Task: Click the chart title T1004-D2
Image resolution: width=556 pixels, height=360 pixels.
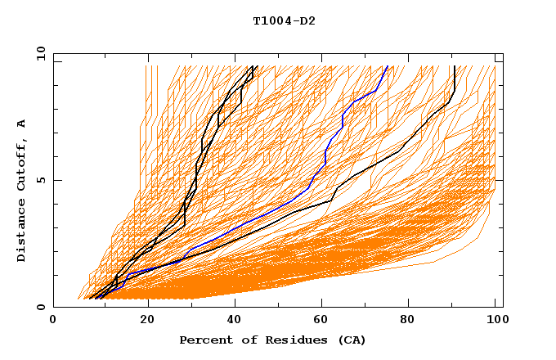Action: [x=284, y=21]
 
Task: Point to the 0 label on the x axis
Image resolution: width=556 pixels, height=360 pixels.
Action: [x=54, y=321]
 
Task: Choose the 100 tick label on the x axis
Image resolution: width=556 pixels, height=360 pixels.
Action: [x=495, y=321]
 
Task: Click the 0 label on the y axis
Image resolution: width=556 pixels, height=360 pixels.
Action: [x=41, y=308]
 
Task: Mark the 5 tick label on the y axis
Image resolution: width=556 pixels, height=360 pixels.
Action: [x=41, y=180]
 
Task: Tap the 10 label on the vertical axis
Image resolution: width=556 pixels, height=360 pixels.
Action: [x=38, y=53]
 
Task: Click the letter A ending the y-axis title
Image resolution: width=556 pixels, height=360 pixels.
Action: [x=21, y=123]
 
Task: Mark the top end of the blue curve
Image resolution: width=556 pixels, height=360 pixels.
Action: [x=388, y=66]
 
